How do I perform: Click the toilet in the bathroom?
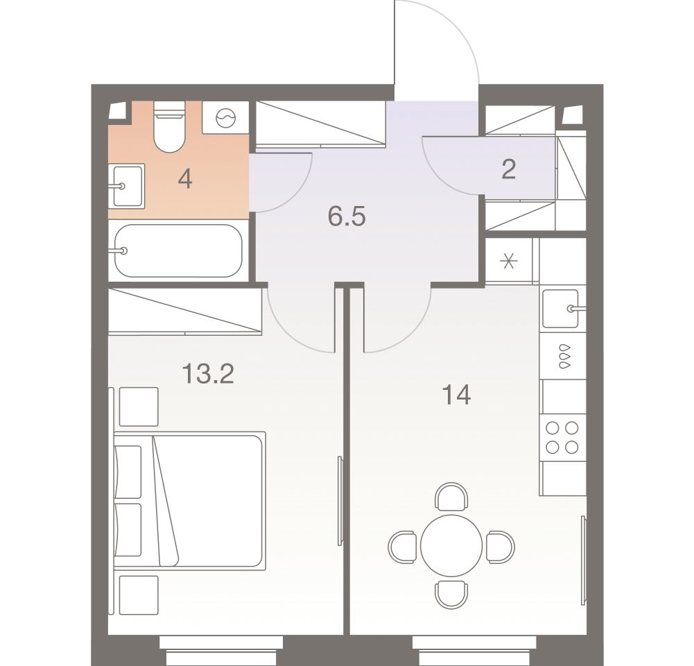coord(169,127)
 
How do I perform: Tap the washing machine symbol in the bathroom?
coord(226,117)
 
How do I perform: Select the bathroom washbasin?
coord(127,186)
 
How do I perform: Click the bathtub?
coord(178,250)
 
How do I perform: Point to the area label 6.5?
coord(347,216)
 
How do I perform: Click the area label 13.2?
coord(208,373)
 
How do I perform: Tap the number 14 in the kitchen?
coord(456,395)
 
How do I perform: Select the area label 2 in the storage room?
coord(509,169)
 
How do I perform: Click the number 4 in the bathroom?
coord(185,180)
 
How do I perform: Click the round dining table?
coord(451,545)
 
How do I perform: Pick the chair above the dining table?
coord(451,497)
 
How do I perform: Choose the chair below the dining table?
coord(451,595)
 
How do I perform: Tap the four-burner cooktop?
coord(562,438)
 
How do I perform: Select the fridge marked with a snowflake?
coord(509,261)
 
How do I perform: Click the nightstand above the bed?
coord(139,407)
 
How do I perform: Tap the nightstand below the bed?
coord(139,595)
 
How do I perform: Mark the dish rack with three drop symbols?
coord(562,355)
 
